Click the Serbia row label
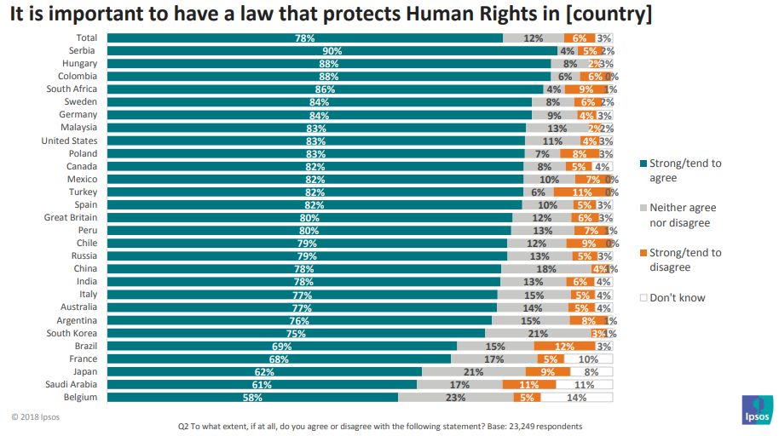(83, 50)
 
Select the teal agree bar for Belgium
(252, 397)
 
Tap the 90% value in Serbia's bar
(332, 51)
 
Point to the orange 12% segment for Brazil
(564, 346)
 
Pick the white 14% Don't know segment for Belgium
(577, 397)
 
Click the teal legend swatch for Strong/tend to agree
(643, 163)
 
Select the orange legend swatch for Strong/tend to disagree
(643, 253)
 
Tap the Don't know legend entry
(677, 298)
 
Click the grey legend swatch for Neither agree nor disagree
(643, 208)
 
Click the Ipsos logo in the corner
(756, 409)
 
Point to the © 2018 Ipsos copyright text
(36, 417)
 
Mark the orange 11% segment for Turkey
(583, 192)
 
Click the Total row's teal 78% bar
(304, 38)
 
